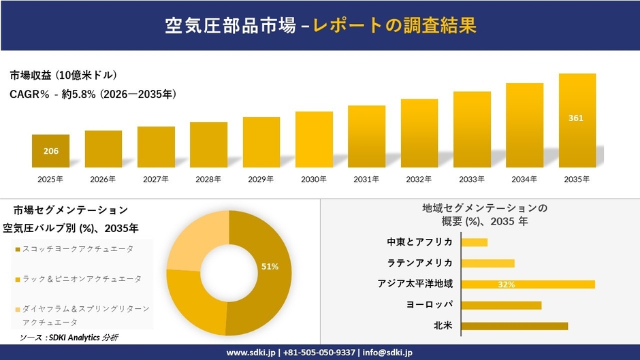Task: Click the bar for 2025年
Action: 50,151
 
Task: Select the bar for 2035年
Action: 577,120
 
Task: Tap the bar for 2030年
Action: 314,140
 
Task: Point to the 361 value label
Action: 576,118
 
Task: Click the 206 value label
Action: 50,151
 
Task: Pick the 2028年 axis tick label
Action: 208,180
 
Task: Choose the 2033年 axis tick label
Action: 472,180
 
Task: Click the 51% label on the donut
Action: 270,267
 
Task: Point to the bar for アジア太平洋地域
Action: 528,284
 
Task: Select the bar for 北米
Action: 514,326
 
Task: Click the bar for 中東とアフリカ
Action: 475,242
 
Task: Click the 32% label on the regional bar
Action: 506,284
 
